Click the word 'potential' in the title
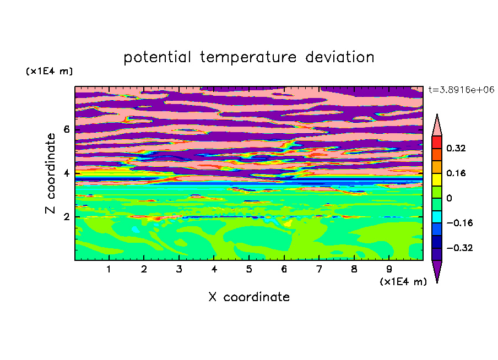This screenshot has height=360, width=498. coord(157,57)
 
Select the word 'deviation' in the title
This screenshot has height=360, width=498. coord(340,57)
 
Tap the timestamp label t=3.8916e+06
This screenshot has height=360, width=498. coord(461,90)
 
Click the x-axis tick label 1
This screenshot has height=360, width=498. coord(109,269)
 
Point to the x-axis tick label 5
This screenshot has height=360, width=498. coord(249,269)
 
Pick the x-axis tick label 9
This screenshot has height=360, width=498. coord(389,269)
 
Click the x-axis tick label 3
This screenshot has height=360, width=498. coord(179,269)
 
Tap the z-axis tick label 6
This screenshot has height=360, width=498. coord(66,129)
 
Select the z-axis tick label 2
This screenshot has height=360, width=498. coord(66,217)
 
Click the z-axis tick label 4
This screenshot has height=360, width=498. coord(66,173)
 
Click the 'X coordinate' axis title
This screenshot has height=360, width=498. coord(249,297)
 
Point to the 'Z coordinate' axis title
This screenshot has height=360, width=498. coord(50,173)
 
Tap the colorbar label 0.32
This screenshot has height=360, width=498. coord(456,148)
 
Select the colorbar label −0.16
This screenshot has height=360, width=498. coord(459,223)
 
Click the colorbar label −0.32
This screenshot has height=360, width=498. coord(459,248)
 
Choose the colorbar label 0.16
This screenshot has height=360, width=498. coord(456,173)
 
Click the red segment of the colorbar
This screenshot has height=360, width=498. coord(437,142)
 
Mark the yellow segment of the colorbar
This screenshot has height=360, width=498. coord(437,179)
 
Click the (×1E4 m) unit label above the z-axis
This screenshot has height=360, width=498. coord(49,72)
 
